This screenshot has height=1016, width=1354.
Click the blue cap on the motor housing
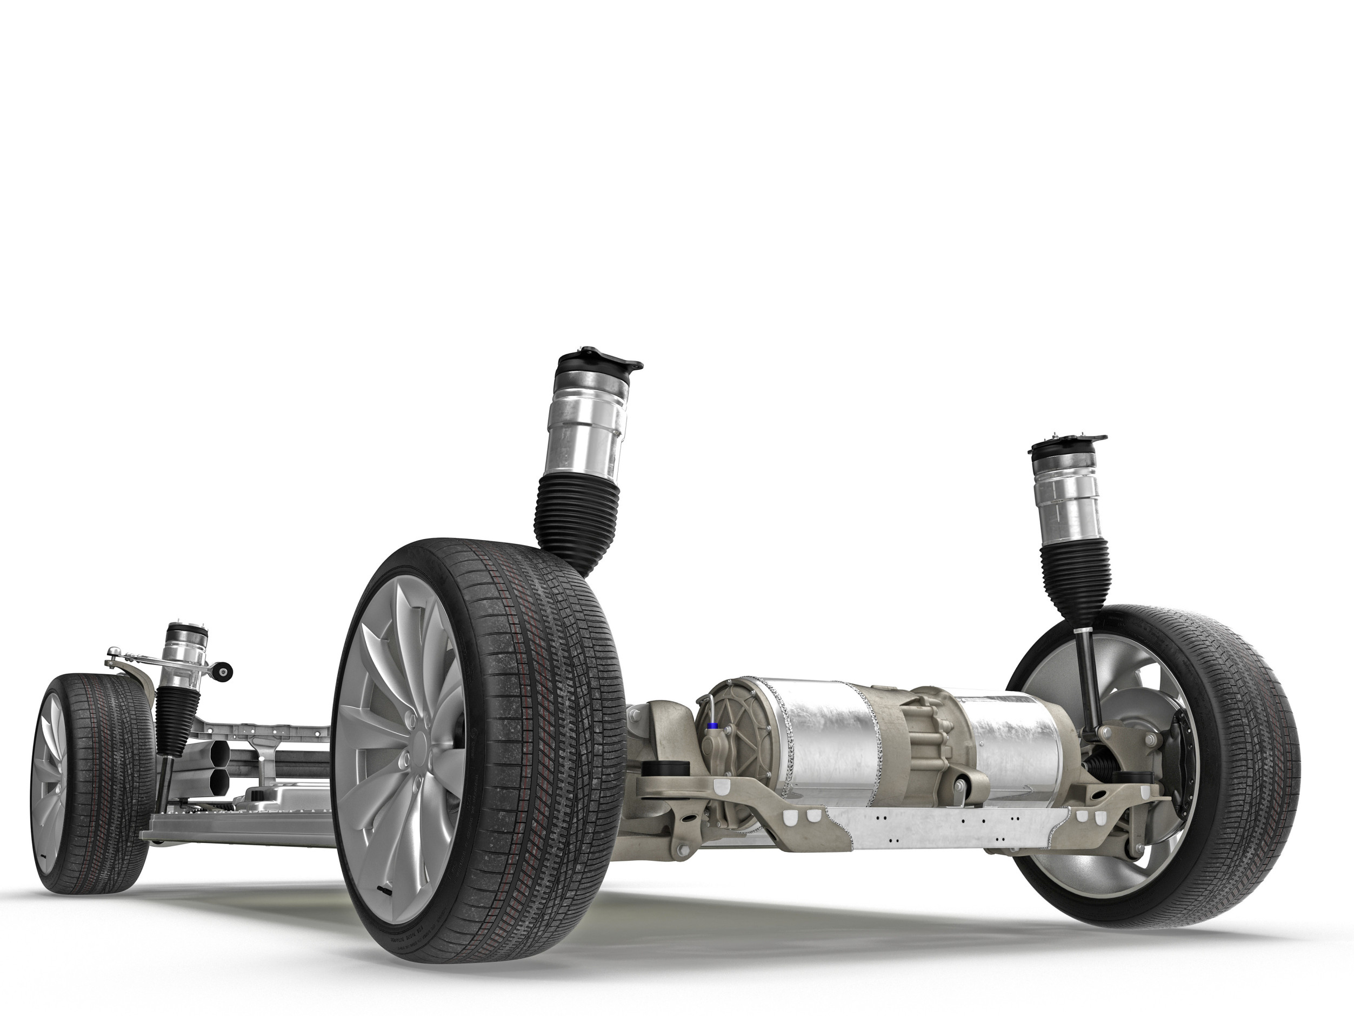click(x=712, y=726)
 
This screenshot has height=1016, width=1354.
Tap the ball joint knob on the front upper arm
click(x=114, y=651)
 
